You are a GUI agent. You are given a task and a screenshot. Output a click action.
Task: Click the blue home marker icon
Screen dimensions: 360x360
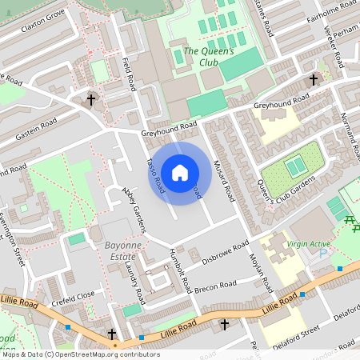coord(180,173)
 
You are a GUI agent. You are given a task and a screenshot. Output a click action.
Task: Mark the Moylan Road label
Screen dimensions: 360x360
coord(257,270)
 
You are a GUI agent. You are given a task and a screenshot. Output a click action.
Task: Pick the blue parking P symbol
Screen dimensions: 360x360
coord(323,254)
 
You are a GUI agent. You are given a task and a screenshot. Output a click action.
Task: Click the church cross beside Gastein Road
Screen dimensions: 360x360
coord(91,100)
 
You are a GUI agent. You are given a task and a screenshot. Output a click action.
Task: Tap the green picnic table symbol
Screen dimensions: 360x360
coord(349,220)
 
